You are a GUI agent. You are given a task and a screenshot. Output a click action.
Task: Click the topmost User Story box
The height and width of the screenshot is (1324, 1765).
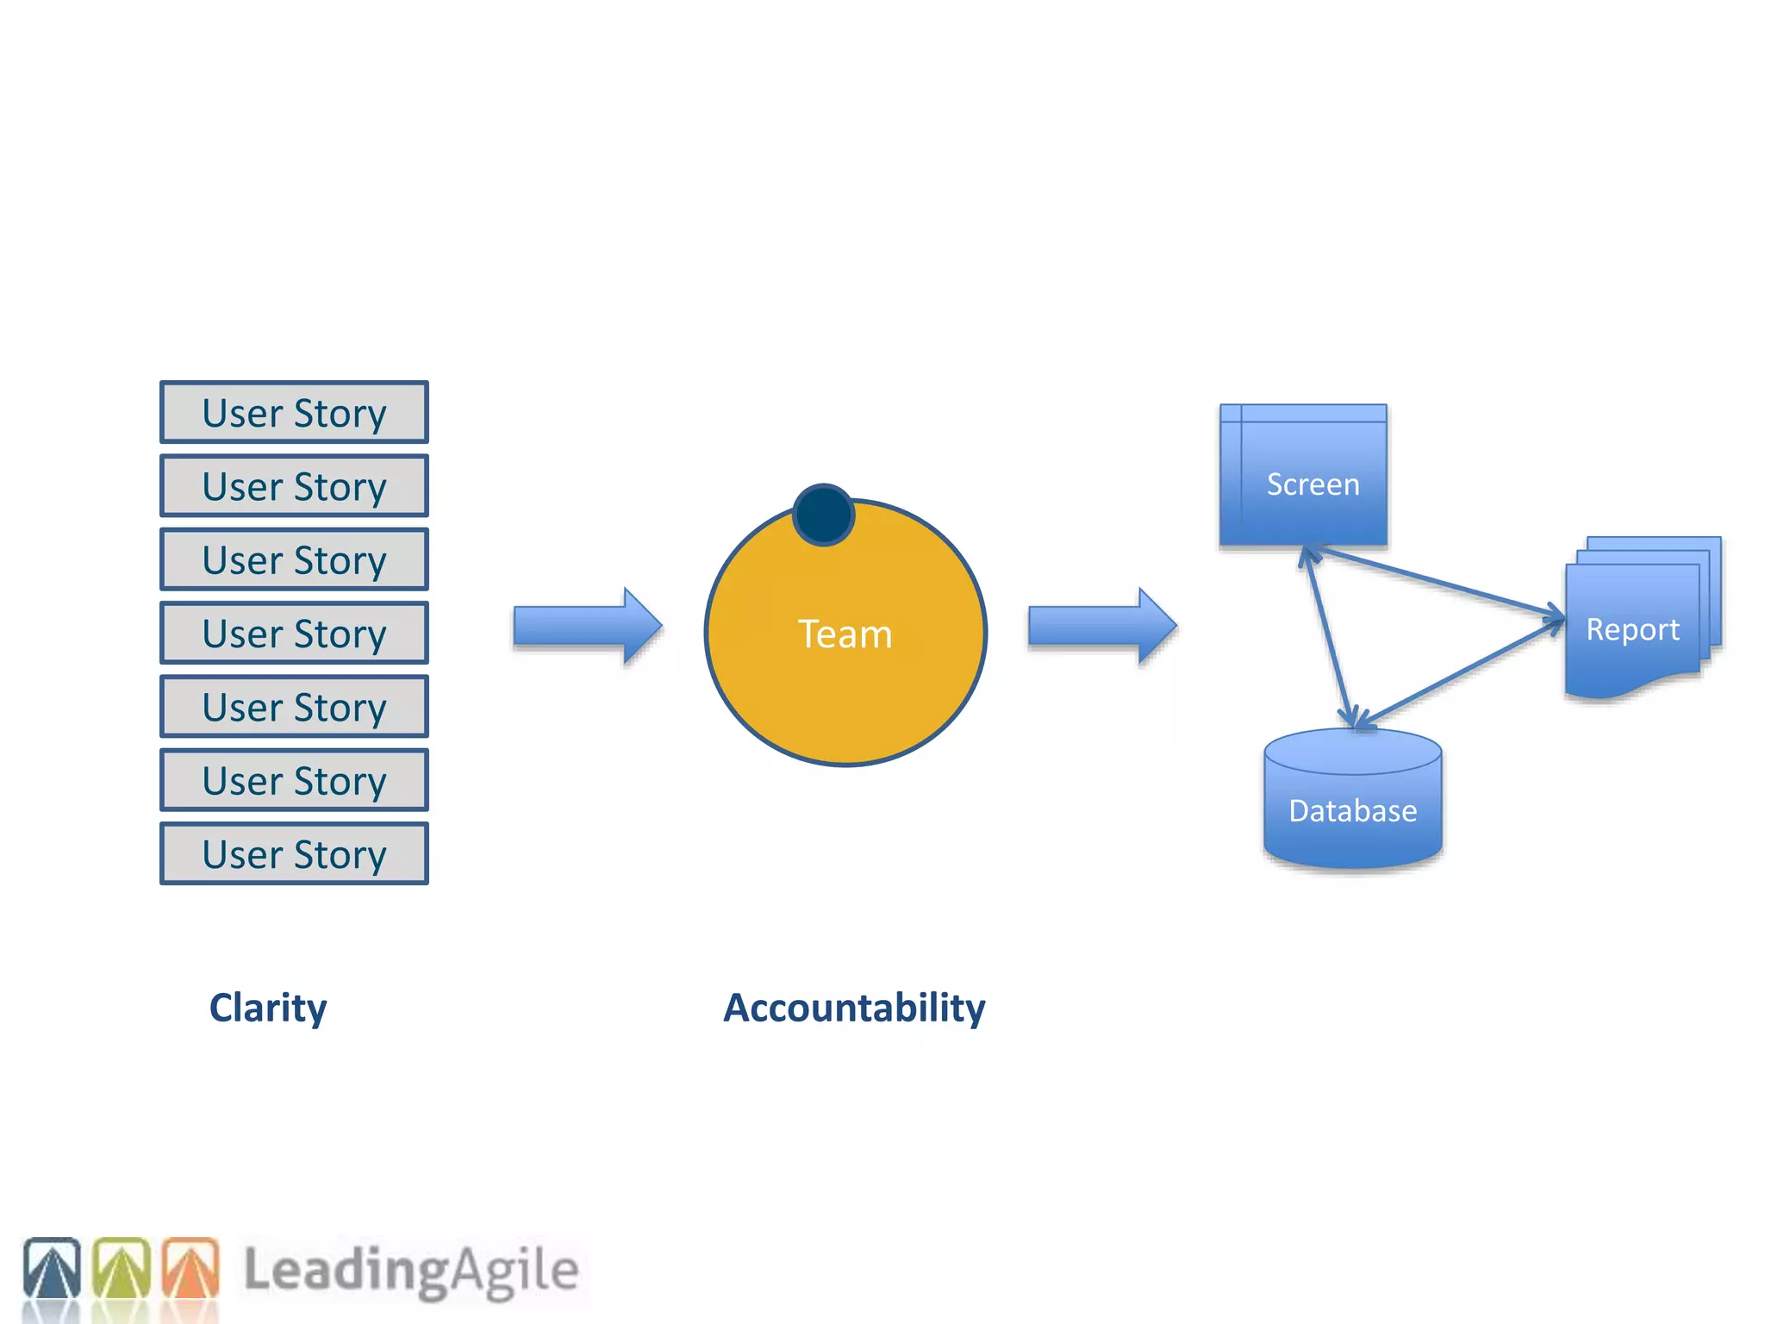(x=294, y=412)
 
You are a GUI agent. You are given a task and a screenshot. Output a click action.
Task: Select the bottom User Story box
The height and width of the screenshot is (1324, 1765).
(x=294, y=853)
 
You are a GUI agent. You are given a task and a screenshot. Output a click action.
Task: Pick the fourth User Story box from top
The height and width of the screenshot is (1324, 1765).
(x=294, y=633)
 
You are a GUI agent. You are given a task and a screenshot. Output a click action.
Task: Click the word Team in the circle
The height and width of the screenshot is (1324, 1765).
(x=845, y=634)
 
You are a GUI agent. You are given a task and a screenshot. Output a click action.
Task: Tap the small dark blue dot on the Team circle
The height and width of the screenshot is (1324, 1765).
(x=823, y=515)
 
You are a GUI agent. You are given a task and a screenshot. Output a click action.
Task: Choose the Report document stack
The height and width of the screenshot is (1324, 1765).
(x=1637, y=621)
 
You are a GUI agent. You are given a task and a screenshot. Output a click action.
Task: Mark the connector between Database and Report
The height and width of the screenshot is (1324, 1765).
(x=1461, y=673)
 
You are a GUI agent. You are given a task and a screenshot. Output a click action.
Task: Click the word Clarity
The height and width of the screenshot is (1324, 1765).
(x=268, y=1008)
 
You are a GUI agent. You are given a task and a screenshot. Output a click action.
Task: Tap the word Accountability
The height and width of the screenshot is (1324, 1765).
(x=853, y=1008)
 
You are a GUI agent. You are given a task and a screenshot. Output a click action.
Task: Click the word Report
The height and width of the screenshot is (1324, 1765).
(x=1632, y=630)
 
